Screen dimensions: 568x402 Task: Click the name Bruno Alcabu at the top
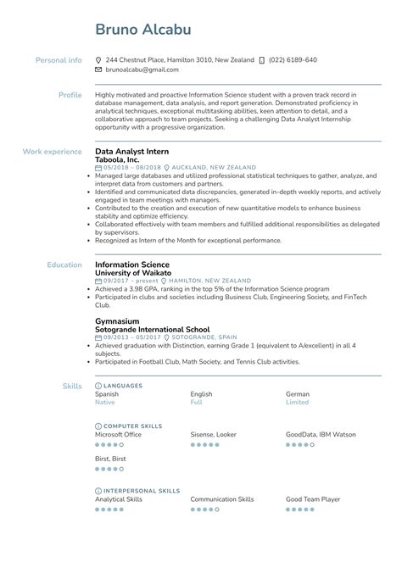(x=142, y=30)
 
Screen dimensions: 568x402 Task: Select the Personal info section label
(x=59, y=60)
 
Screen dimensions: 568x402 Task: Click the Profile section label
(x=70, y=95)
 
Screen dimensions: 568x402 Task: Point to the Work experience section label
(x=52, y=151)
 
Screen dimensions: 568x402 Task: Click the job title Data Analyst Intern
(x=131, y=151)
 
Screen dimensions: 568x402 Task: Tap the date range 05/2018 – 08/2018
(x=129, y=168)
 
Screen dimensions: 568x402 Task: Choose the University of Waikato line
(x=133, y=273)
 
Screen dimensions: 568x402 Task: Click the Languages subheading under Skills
(x=122, y=386)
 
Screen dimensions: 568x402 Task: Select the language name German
(x=298, y=394)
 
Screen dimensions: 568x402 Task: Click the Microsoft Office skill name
(x=119, y=434)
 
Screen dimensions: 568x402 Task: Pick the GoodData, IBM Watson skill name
(x=321, y=434)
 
